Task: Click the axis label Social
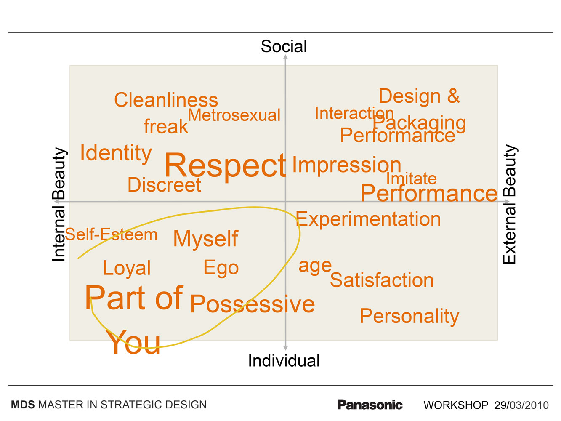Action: [283, 46]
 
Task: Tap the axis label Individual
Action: [284, 360]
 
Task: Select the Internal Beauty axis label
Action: [59, 204]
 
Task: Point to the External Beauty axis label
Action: [510, 204]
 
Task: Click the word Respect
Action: [225, 167]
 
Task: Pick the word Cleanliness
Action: [166, 100]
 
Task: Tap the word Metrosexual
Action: [234, 115]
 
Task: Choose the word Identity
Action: [116, 153]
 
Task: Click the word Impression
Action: [346, 165]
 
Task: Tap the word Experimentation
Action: [368, 219]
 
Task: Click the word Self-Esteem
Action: [111, 234]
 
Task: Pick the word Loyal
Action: [127, 269]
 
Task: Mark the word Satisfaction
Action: [382, 280]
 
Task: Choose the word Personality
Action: [409, 317]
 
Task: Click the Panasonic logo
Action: [370, 405]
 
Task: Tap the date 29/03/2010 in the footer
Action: [521, 405]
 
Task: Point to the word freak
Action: [166, 126]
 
